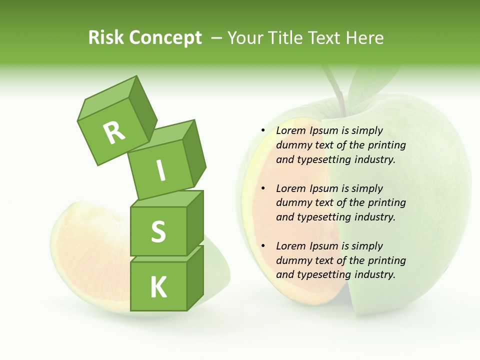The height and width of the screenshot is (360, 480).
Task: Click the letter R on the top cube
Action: pyautogui.click(x=114, y=132)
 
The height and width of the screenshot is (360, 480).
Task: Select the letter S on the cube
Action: pyautogui.click(x=158, y=231)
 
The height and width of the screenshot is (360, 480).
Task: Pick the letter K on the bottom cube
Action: pyautogui.click(x=158, y=287)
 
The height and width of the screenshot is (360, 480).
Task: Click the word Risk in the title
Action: pyautogui.click(x=106, y=38)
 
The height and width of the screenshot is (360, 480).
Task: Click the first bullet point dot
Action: pyautogui.click(x=263, y=130)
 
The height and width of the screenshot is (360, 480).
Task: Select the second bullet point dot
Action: pyautogui.click(x=263, y=188)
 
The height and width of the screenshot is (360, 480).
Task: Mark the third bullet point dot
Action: pyautogui.click(x=263, y=246)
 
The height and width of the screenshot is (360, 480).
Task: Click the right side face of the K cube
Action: pyautogui.click(x=195, y=277)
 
